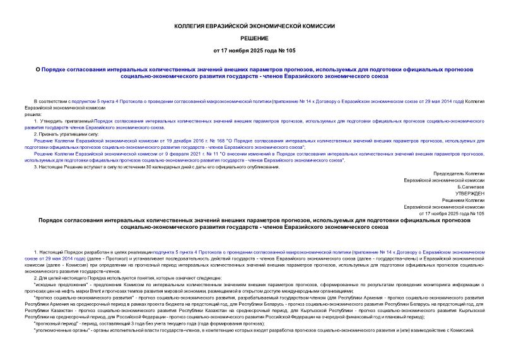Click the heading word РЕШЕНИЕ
coord(254,38)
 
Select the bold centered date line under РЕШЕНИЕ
coord(254,50)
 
